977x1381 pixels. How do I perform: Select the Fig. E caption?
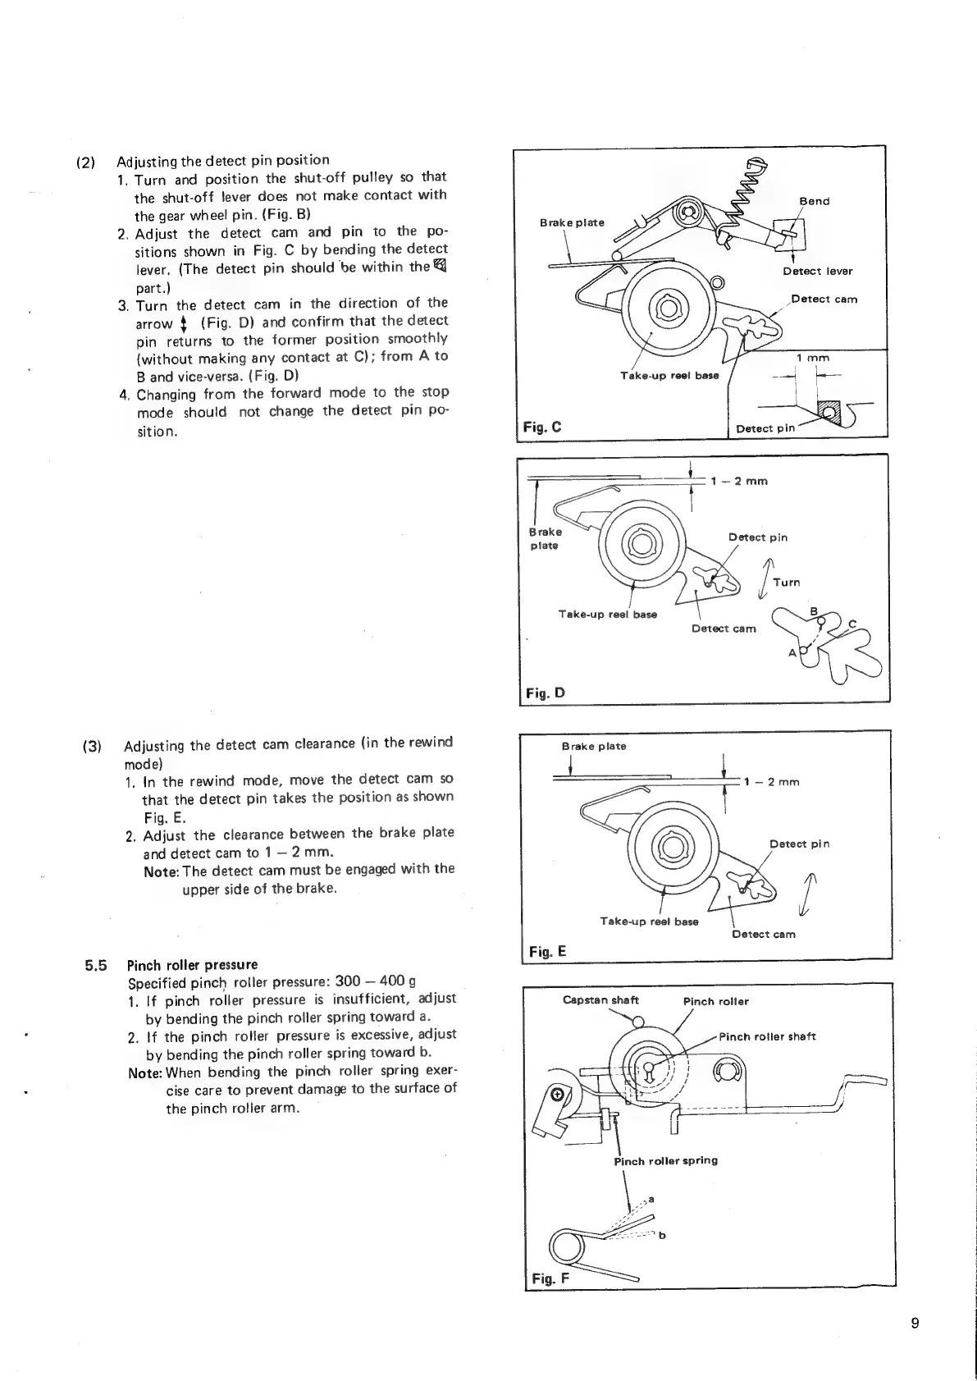(x=547, y=951)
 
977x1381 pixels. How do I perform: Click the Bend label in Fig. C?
(x=814, y=201)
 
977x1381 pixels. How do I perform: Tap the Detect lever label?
(x=817, y=271)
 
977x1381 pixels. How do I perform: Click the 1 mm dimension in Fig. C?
(x=813, y=358)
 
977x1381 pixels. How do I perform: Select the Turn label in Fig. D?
(x=786, y=582)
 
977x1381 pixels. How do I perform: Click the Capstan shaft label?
(x=600, y=1000)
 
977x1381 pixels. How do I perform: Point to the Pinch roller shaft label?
(x=767, y=1036)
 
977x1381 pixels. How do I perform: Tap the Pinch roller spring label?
(x=665, y=1160)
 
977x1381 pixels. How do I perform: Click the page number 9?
(x=915, y=1323)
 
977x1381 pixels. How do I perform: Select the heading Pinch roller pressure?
(x=192, y=964)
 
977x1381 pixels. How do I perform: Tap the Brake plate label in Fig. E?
(x=593, y=746)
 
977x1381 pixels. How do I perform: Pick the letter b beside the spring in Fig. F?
(x=662, y=1235)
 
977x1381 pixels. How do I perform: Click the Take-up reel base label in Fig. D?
(x=607, y=614)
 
